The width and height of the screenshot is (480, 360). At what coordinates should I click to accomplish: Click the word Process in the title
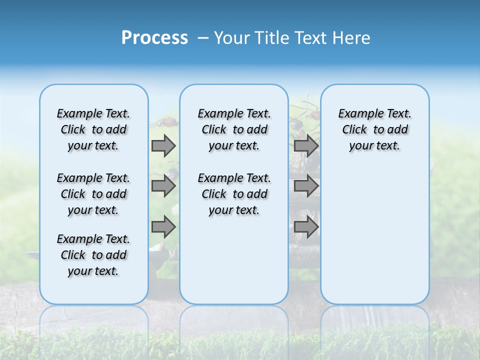coord(154,38)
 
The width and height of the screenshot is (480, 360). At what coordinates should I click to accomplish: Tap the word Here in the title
coord(352,38)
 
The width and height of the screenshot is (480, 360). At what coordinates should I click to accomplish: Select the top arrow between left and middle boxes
coord(163,145)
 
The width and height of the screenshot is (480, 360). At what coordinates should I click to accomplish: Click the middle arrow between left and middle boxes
coord(163,186)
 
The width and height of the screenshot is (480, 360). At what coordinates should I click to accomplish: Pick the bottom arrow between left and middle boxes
coord(163,227)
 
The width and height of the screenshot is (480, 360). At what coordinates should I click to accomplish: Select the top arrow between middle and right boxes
coord(306,145)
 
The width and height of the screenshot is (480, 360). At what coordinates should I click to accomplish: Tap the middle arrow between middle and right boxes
coord(306,186)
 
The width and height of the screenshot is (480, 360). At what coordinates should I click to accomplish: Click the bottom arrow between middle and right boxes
coord(306,227)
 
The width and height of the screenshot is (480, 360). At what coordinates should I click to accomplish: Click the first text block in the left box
coord(93,129)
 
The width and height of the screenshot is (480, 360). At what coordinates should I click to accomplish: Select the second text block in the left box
coord(93,194)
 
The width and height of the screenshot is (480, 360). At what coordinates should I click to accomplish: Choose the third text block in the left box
coord(93,255)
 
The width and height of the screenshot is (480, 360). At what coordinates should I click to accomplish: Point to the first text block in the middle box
coord(234,129)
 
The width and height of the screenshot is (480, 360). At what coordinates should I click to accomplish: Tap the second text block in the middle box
coord(234,194)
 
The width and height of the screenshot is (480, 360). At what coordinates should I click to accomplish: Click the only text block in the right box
coord(374,129)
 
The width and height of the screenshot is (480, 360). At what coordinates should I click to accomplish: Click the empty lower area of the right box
coord(374,235)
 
